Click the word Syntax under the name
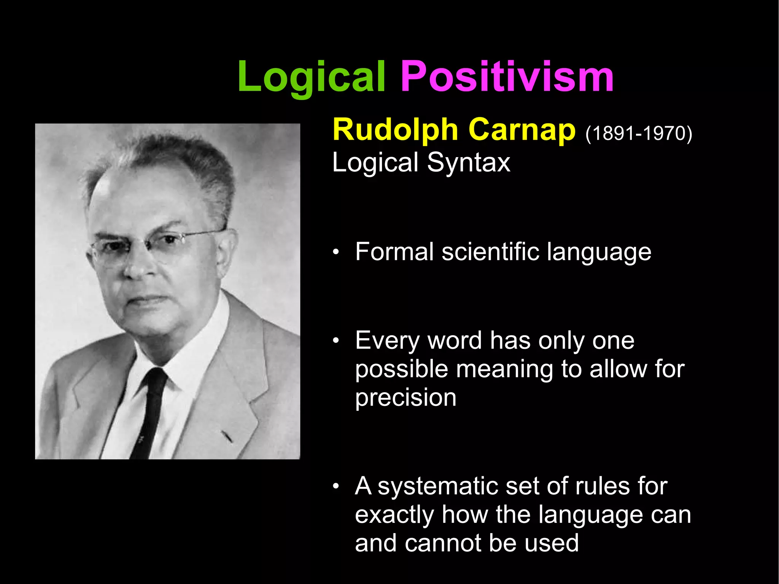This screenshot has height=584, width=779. coord(468,163)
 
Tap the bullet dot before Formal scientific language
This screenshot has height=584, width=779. coord(335,253)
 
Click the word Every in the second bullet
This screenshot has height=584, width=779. coord(387,341)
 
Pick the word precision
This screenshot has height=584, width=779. coord(405,398)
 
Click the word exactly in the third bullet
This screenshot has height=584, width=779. coord(394,515)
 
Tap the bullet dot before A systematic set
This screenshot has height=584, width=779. coord(335,487)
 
